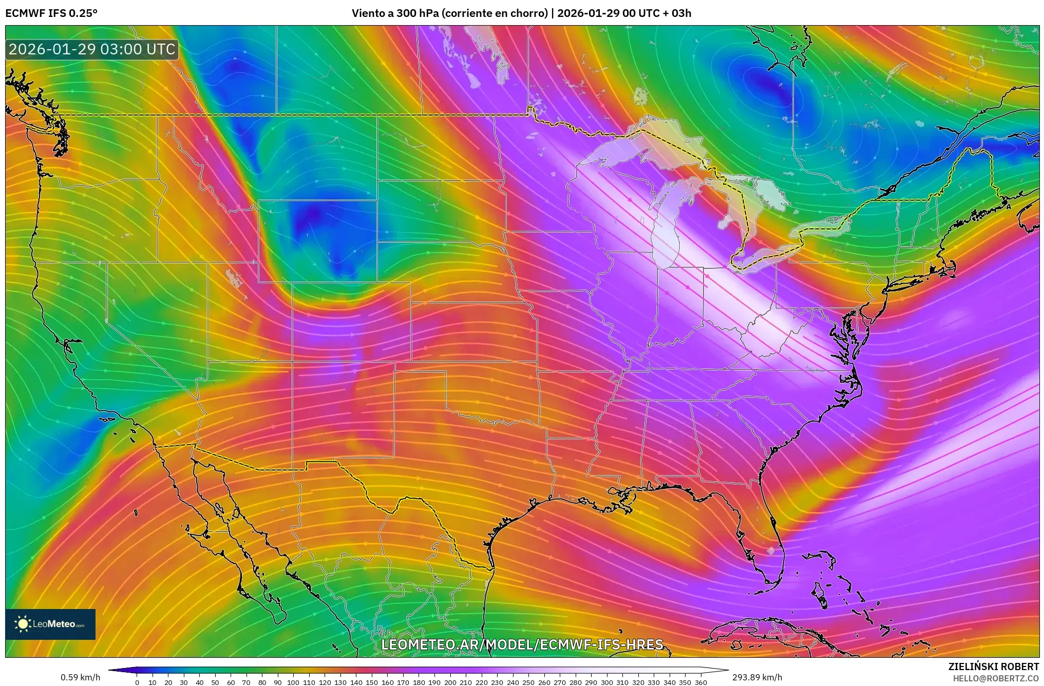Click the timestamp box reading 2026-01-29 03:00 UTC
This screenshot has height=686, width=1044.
pos(92,49)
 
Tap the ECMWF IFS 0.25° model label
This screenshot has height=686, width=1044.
pos(51,13)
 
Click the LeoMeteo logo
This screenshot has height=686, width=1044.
pos(50,624)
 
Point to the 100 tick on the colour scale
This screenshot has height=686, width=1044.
pos(293,682)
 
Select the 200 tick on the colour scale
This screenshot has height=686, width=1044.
pos(450,682)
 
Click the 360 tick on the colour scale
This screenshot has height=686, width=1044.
pos(700,682)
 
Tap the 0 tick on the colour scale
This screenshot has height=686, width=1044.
pos(137,682)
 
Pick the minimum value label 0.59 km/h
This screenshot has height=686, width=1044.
pos(81,677)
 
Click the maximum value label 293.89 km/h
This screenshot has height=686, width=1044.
pos(757,677)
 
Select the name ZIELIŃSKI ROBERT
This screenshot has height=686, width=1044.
pos(993,667)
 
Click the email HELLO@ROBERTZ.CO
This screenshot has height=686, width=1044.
pos(996,678)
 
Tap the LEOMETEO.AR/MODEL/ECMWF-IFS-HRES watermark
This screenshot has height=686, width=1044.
pos(522,644)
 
